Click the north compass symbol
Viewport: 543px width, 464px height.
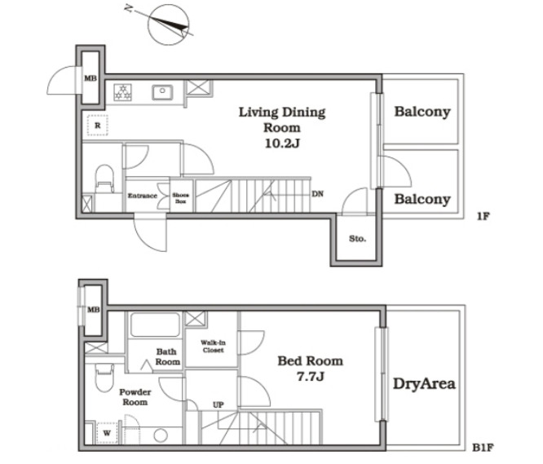pyautogui.click(x=168, y=24)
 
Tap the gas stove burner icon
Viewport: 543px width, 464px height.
pyautogui.click(x=122, y=92)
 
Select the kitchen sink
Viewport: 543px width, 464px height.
pyautogui.click(x=162, y=92)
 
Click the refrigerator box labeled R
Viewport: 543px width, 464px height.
pyautogui.click(x=97, y=126)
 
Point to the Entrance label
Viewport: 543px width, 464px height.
pyautogui.click(x=143, y=196)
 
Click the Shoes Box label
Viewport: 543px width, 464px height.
pyautogui.click(x=180, y=198)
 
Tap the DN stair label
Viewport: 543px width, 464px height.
pyautogui.click(x=317, y=194)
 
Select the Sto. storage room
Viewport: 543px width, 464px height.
pyautogui.click(x=356, y=238)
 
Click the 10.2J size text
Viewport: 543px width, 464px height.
pyautogui.click(x=282, y=143)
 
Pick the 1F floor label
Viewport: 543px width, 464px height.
pyautogui.click(x=483, y=216)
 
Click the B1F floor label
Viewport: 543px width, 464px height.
pyautogui.click(x=483, y=448)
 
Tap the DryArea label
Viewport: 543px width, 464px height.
pyautogui.click(x=424, y=383)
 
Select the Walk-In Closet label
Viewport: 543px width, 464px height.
pyautogui.click(x=213, y=347)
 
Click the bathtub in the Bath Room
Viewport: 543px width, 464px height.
pyautogui.click(x=155, y=325)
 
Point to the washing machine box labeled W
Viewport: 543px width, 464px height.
pyautogui.click(x=107, y=433)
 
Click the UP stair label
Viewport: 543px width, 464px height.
pyautogui.click(x=218, y=404)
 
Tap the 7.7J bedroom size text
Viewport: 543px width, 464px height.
pyautogui.click(x=311, y=377)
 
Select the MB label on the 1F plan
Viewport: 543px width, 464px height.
pyautogui.click(x=90, y=78)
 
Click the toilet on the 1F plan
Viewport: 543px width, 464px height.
pyautogui.click(x=104, y=178)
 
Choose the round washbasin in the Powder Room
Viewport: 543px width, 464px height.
pyautogui.click(x=161, y=435)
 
